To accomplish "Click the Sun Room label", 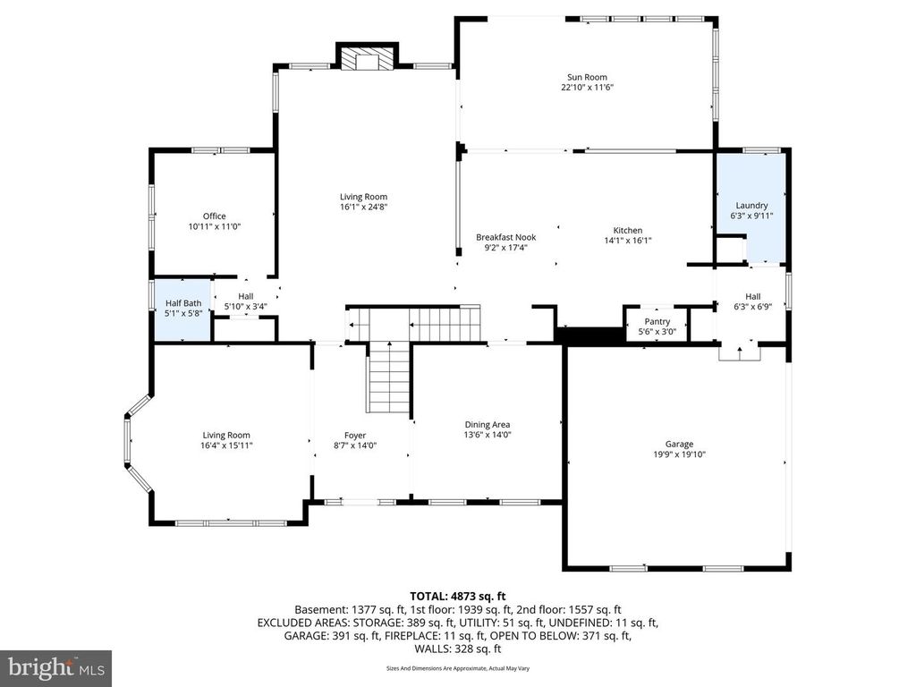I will [x=586, y=78].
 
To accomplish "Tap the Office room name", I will [x=214, y=216].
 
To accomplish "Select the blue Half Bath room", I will [x=182, y=309].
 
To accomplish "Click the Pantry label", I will [x=657, y=321].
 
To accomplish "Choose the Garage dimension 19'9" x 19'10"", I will [x=678, y=454].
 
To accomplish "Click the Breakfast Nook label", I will [x=505, y=237].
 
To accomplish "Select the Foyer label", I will [x=355, y=436].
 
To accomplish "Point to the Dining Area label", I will [x=487, y=425].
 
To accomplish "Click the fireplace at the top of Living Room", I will [x=365, y=59].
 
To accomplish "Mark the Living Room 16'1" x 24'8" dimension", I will [x=363, y=207].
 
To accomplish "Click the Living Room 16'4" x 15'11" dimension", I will [x=226, y=445].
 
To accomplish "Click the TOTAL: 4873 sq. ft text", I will [x=458, y=596].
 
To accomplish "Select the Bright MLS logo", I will [x=55, y=667].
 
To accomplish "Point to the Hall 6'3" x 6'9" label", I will [x=752, y=302].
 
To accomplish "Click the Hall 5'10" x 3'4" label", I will [x=246, y=301].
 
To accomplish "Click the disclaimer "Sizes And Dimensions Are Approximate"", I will [x=458, y=668].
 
